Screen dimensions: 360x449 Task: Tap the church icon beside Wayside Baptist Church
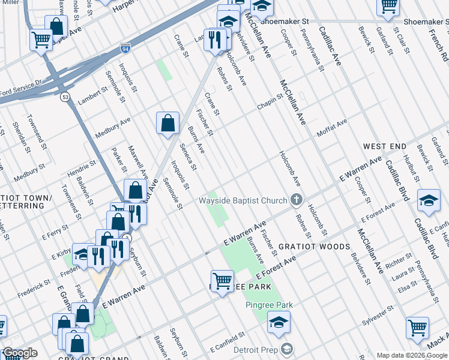coord(295,200)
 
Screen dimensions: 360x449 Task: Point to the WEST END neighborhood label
coord(384,146)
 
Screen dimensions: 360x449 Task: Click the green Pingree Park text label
coord(269,305)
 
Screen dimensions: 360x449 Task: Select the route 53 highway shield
coord(64,97)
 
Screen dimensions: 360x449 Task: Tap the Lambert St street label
coord(91,94)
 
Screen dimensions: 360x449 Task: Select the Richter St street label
coord(399,263)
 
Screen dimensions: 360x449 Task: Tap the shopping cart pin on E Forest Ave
coord(222,280)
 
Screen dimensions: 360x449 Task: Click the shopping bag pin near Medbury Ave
coord(168,123)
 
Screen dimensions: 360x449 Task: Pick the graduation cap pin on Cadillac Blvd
coord(429,200)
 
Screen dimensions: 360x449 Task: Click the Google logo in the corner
coord(20,353)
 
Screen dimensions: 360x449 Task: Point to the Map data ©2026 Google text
coord(411,355)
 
